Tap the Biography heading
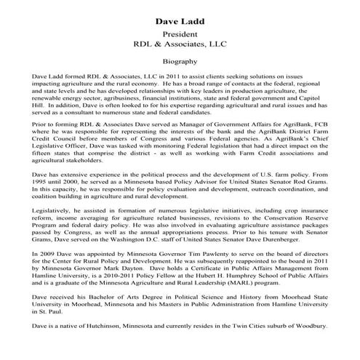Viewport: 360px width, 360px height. [x=180, y=63]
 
